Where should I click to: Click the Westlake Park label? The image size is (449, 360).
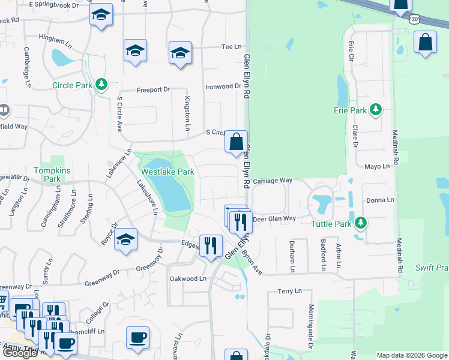click(167, 172)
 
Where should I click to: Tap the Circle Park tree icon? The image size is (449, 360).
click(102, 85)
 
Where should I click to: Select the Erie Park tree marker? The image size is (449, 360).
click(376, 110)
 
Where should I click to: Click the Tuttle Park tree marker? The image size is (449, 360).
click(360, 224)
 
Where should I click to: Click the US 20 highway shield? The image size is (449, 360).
click(415, 19)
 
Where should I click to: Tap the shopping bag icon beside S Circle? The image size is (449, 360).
click(237, 142)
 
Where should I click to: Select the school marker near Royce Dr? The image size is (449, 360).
click(125, 240)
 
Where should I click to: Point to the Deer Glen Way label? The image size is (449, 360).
click(274, 219)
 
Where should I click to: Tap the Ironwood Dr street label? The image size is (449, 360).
click(223, 86)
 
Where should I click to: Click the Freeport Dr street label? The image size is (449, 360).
click(153, 89)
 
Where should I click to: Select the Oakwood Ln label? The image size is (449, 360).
click(188, 278)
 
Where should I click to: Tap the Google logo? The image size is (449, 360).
click(20, 353)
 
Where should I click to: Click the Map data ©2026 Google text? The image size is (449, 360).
click(411, 355)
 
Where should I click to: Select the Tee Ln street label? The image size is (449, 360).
click(231, 46)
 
